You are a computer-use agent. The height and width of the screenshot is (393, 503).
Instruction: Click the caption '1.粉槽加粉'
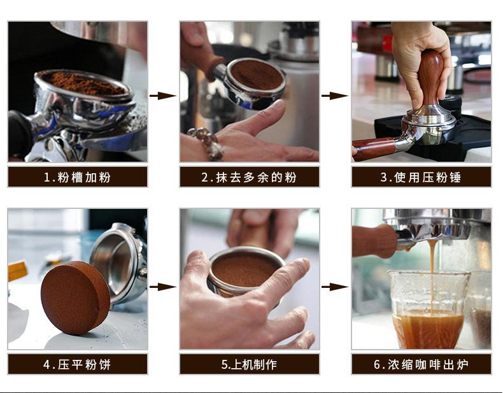(77, 177)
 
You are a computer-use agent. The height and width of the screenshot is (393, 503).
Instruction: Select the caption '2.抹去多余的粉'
(249, 177)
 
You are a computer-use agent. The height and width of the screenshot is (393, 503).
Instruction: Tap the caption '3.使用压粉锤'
(421, 177)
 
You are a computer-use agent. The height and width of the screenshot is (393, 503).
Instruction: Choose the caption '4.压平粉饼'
(77, 364)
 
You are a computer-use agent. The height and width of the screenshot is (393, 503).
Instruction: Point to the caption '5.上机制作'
(249, 364)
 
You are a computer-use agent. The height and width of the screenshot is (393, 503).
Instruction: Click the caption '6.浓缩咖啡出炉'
(421, 364)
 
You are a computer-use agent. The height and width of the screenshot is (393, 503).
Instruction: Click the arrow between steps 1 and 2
(163, 96)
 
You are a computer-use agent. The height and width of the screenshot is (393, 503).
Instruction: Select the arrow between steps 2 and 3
(335, 96)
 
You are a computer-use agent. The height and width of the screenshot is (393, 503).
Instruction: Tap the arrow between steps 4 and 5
(163, 287)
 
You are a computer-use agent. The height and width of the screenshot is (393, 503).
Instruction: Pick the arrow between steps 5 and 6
(335, 287)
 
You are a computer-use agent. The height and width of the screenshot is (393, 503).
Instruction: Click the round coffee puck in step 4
(74, 297)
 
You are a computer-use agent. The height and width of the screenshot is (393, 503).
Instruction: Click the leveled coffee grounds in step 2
(256, 75)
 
